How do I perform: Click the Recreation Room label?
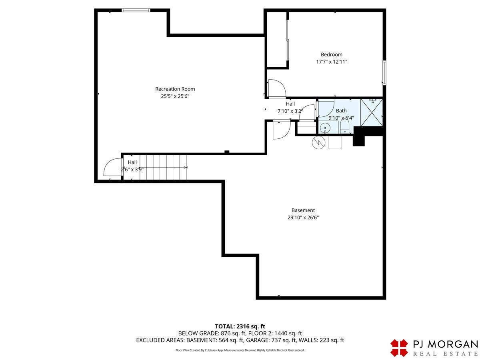pos(175,89)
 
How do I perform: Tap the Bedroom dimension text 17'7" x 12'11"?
pos(332,62)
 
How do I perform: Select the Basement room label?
pos(303,210)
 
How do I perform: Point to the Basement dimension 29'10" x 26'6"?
pos(303,218)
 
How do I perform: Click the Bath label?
pos(341,111)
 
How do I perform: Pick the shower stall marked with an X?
pos(372,112)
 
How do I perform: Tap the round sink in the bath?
pos(325,128)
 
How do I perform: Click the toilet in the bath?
pos(345,127)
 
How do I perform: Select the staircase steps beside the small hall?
pos(163,168)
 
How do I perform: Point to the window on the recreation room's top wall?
pos(136,10)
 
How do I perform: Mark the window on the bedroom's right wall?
pos(384,72)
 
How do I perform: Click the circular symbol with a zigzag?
pos(319,143)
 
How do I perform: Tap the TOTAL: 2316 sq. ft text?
pos(240,326)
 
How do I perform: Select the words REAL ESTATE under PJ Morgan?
pos(446,354)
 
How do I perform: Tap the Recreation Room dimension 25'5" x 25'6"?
pos(175,96)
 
